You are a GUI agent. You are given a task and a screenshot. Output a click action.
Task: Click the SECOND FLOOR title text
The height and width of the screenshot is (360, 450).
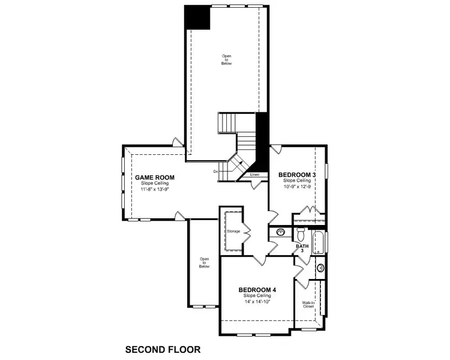162,349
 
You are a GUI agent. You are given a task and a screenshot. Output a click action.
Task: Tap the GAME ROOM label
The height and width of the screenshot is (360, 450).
154,178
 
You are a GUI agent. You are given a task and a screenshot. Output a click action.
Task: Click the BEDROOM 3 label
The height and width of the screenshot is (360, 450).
297,175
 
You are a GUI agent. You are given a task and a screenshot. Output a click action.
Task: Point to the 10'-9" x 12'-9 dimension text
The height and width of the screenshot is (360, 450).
297,186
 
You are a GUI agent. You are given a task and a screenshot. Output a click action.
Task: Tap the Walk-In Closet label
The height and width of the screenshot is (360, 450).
309,304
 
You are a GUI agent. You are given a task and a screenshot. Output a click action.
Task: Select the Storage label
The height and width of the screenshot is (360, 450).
233,231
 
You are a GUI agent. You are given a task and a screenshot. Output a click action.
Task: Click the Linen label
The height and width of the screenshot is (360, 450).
254,175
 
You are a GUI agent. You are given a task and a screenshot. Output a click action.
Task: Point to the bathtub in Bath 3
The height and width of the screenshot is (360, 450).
319,242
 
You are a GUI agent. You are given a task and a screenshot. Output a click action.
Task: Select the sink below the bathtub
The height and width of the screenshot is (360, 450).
320,268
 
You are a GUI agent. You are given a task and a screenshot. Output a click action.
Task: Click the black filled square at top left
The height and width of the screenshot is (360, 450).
197,17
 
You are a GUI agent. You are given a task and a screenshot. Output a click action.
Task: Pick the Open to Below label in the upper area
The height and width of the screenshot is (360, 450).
226,59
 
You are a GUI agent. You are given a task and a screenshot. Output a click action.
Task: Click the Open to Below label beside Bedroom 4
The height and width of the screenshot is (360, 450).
205,262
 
